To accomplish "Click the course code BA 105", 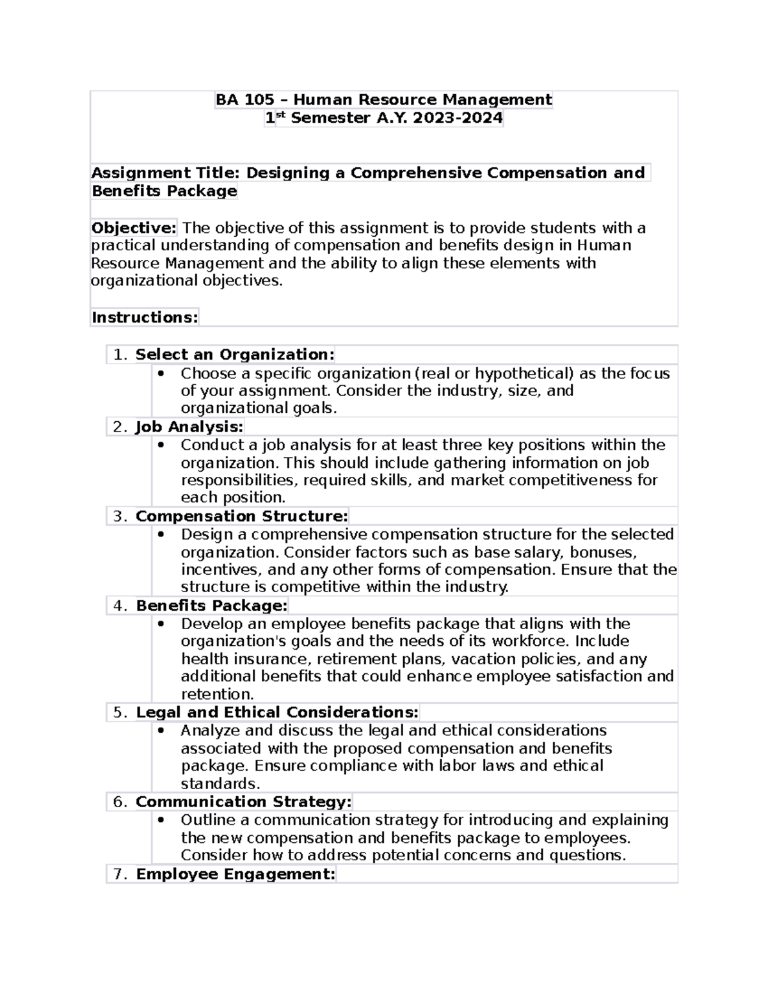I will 244,100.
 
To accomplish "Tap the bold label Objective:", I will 134,228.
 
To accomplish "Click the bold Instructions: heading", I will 145,317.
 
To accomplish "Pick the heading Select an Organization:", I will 235,355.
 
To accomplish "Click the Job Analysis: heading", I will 189,427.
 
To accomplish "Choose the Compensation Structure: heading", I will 242,517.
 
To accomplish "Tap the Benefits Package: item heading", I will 212,605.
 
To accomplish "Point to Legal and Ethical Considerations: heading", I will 277,712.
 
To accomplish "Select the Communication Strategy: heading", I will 243,802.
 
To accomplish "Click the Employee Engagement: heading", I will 236,874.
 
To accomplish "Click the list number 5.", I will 120,713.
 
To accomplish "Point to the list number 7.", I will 120,875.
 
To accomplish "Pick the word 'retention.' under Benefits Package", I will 218,694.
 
